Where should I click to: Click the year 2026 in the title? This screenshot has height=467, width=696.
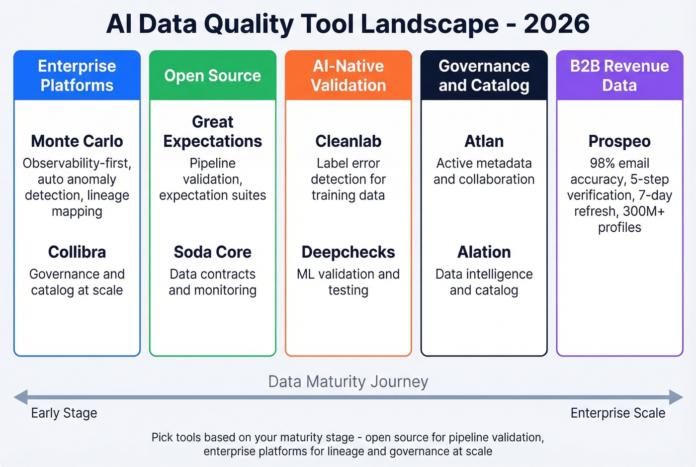(556, 24)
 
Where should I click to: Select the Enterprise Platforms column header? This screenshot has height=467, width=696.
(77, 76)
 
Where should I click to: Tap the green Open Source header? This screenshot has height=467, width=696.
(213, 76)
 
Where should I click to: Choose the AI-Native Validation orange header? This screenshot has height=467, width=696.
(348, 76)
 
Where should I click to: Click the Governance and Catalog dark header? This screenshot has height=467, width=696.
(484, 76)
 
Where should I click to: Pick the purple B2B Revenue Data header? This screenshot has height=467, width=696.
(619, 76)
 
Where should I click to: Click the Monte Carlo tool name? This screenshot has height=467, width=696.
(77, 141)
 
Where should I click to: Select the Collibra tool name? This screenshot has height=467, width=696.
(77, 252)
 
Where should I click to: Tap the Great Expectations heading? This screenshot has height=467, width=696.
(213, 131)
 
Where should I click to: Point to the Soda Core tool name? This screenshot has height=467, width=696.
(213, 252)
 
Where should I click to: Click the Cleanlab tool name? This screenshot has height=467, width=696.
(348, 141)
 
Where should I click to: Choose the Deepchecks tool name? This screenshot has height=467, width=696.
(348, 252)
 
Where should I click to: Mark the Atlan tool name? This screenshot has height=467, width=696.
(484, 141)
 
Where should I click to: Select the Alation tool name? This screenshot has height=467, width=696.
(484, 252)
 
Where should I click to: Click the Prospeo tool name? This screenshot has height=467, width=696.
(619, 141)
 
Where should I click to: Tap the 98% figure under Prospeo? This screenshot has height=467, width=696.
(602, 163)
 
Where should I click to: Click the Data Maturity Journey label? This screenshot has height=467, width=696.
(348, 381)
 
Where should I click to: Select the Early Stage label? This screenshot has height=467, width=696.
(64, 413)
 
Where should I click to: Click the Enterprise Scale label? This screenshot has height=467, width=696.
(617, 413)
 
